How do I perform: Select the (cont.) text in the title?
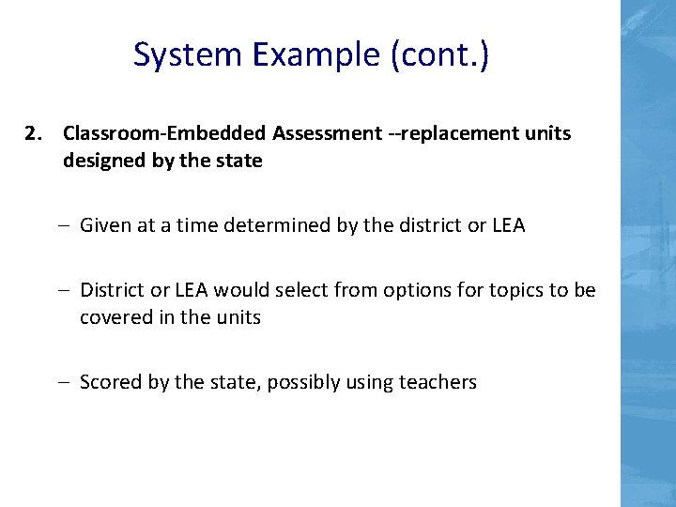click(439, 55)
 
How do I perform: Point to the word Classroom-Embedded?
click(165, 133)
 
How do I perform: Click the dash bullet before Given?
click(68, 225)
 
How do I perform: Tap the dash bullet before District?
click(68, 290)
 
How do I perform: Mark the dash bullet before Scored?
click(68, 382)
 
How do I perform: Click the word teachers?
click(438, 382)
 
